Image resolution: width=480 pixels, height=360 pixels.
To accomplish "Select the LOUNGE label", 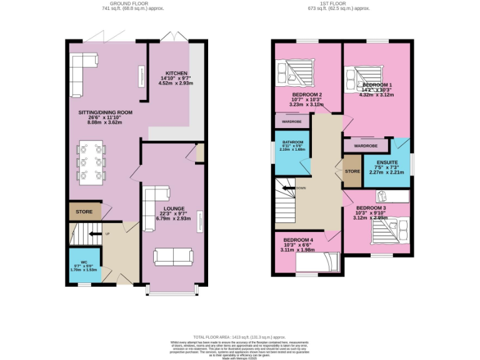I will (172, 209).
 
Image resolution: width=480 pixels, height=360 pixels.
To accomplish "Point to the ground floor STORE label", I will (84, 212).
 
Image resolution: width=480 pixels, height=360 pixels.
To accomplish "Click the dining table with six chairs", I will (90, 161).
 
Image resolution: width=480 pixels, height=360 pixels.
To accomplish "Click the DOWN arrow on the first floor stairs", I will (291, 187).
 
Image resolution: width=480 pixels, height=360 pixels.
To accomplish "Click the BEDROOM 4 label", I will (298, 240).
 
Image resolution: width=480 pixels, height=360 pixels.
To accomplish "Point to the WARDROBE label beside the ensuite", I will (366, 146).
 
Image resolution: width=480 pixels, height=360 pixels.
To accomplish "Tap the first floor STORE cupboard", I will (352, 171).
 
